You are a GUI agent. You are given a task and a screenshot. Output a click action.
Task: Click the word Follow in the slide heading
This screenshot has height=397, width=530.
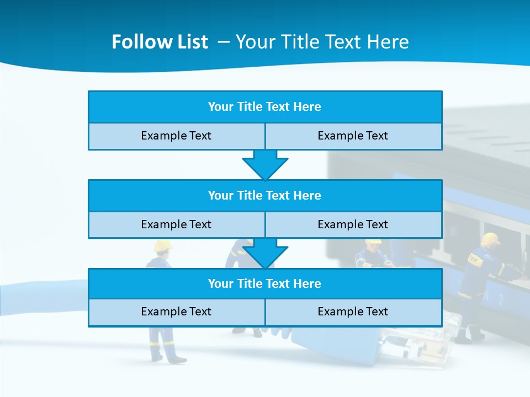point(136,42)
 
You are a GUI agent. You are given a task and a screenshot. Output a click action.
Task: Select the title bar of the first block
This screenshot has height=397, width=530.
point(265,107)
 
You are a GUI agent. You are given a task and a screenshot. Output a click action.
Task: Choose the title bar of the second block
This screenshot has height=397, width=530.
point(265,195)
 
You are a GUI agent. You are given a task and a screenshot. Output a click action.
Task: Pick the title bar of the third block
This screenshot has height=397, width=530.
point(265,283)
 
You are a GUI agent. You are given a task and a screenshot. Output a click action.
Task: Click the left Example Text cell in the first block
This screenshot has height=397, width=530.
point(176,136)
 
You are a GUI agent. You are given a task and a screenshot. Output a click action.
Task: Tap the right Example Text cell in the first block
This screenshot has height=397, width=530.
point(353,136)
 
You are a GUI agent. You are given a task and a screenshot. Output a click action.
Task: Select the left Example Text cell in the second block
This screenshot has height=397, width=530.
point(176,224)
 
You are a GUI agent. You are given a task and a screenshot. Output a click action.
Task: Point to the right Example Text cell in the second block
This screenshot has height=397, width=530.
point(353,224)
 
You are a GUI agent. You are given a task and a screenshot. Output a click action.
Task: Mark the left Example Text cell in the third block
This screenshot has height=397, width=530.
point(176,312)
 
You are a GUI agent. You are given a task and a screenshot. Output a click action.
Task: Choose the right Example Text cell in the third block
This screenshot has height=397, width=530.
point(353,312)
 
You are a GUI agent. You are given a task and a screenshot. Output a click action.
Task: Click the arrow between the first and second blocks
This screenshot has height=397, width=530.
point(265,165)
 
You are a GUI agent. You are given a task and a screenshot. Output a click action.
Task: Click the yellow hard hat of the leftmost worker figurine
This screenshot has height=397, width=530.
point(163,245)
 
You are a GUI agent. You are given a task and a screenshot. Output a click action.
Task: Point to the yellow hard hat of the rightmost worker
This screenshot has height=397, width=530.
point(490,238)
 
